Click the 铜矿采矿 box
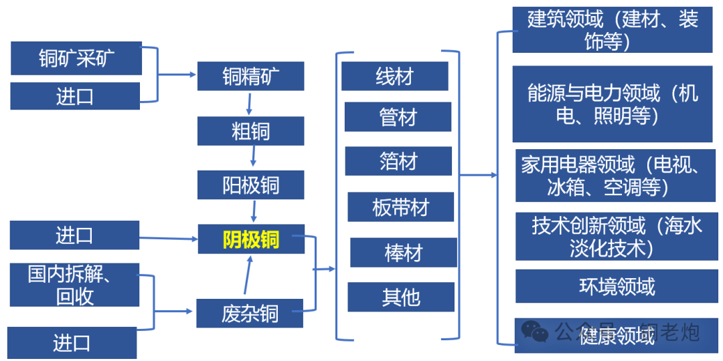click(76, 59)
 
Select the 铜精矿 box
click(250, 76)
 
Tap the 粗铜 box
click(250, 131)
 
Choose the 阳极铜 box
click(250, 185)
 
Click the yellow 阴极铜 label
click(251, 239)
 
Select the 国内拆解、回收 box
click(74, 285)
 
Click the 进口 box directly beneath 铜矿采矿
click(75, 96)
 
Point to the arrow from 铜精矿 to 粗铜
click(249, 103)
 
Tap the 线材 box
click(394, 76)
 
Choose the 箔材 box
click(398, 161)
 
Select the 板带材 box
click(400, 207)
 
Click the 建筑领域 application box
click(612, 30)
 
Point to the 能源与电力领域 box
click(612, 104)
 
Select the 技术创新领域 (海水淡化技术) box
click(617, 236)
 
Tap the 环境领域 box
click(617, 287)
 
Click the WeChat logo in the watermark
click(535, 331)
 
